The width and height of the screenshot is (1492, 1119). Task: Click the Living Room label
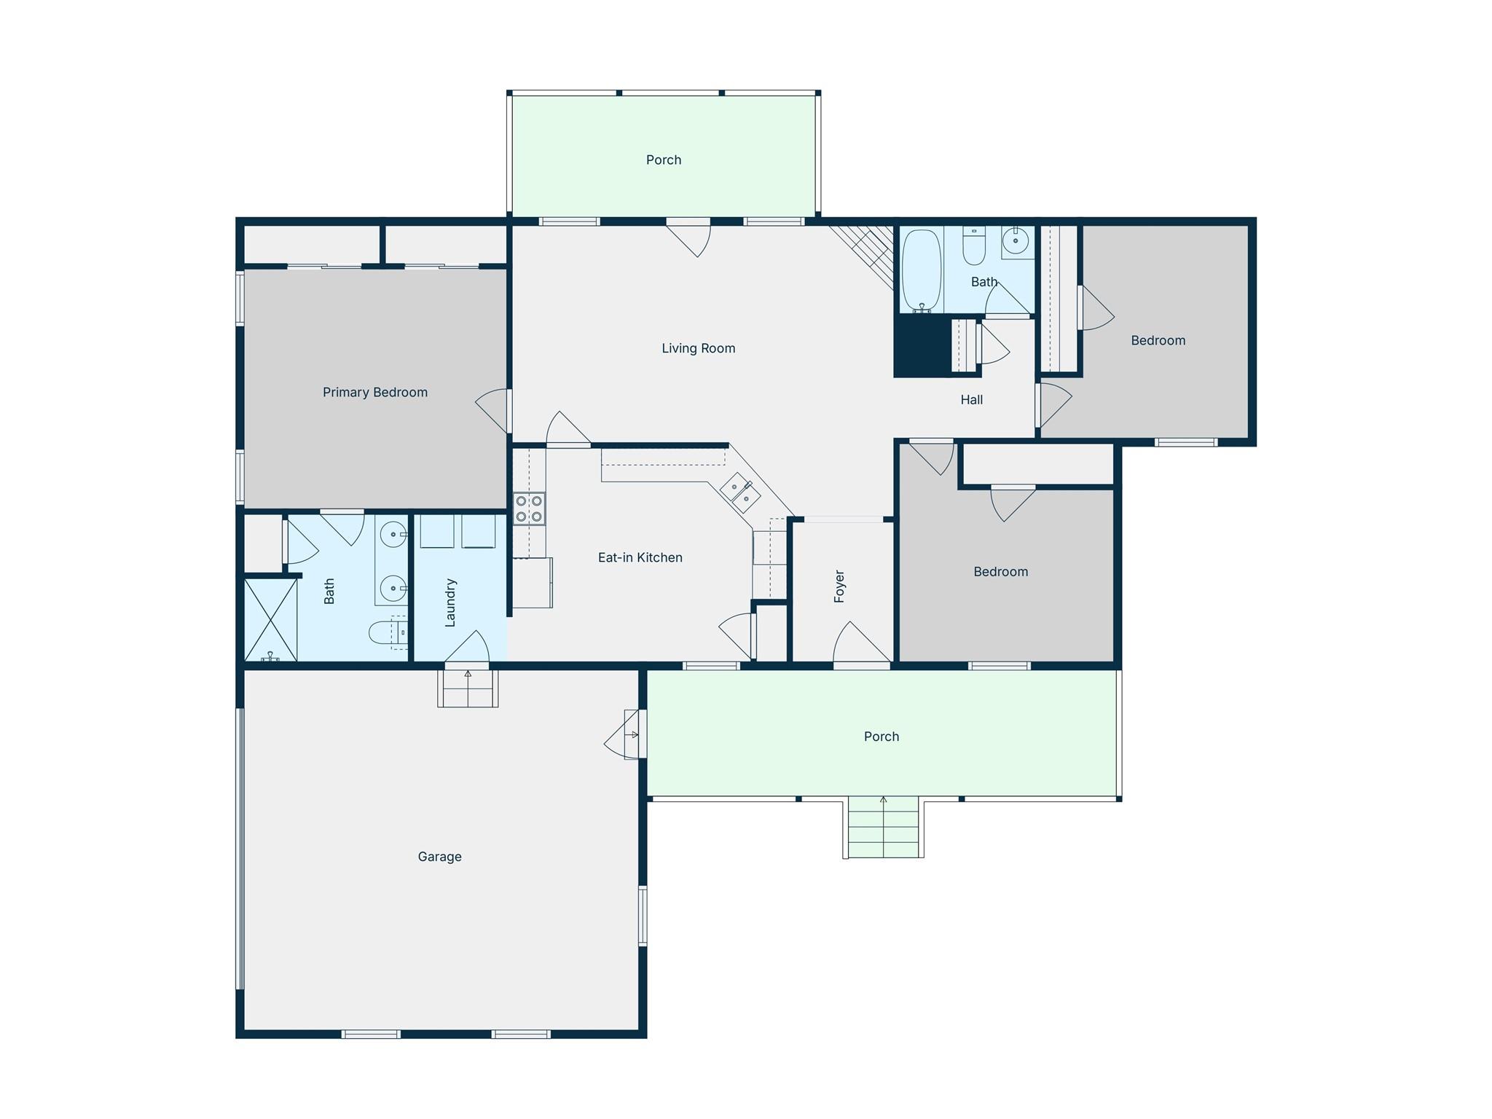698,348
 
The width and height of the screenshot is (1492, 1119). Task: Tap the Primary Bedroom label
375,393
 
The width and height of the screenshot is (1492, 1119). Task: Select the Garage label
439,857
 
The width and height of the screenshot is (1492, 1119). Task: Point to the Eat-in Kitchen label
640,557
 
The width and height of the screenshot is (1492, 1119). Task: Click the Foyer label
839,586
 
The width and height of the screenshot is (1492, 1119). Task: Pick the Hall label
971,399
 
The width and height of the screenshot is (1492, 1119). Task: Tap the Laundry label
450,602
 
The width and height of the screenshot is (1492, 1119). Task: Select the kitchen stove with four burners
529,509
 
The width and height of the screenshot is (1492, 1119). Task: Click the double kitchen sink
740,492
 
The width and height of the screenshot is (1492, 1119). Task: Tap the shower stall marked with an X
270,620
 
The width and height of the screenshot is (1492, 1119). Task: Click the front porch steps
884,827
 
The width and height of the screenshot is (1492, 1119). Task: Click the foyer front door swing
862,642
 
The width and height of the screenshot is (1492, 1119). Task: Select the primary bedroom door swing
492,410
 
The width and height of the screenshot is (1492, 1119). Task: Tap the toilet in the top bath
974,246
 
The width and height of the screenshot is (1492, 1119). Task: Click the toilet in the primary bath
387,632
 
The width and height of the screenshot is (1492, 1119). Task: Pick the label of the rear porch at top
664,160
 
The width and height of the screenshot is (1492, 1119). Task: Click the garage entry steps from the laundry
468,688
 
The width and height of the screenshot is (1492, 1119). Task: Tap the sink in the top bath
1016,240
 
